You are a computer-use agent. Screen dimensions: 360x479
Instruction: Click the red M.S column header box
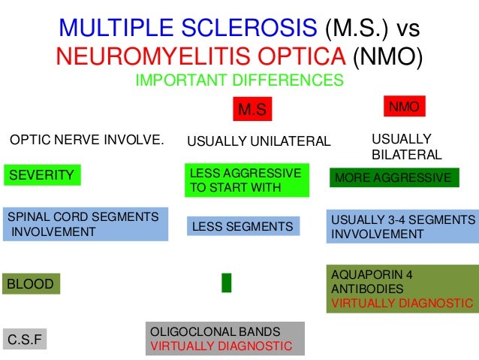(x=252, y=110)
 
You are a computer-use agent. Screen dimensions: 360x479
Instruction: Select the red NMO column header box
(x=405, y=107)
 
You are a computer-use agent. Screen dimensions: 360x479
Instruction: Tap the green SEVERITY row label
(x=42, y=176)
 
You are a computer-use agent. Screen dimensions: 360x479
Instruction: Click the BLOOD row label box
(x=31, y=284)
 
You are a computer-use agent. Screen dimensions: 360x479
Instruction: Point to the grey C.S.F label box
(x=25, y=340)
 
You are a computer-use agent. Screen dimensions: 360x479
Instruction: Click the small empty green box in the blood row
(x=226, y=283)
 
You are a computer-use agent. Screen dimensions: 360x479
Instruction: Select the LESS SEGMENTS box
(x=243, y=226)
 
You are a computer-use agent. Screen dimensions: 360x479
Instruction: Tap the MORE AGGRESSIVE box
(x=393, y=178)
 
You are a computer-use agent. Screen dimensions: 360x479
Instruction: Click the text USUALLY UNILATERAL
(x=258, y=141)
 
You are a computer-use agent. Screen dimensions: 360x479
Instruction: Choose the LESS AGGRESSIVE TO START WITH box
(x=246, y=180)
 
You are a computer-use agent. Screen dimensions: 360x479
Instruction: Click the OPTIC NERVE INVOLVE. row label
(x=86, y=140)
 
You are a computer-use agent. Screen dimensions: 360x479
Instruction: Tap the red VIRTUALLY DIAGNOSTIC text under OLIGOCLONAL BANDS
(x=221, y=346)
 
